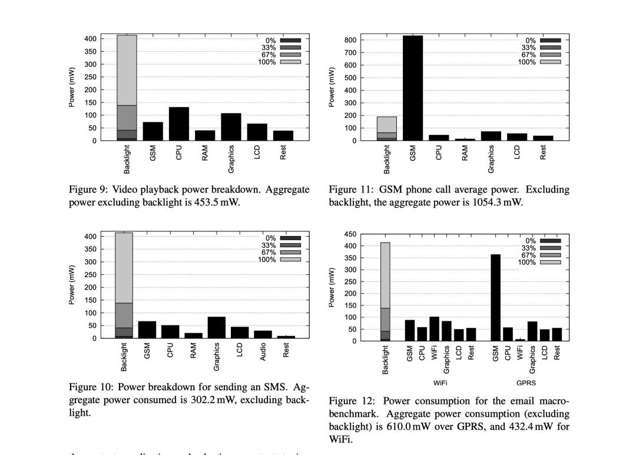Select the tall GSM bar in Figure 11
pyautogui.click(x=413, y=88)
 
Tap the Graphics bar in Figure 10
pyautogui.click(x=217, y=327)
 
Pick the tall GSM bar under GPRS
pyautogui.click(x=495, y=297)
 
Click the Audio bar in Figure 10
pyautogui.click(x=263, y=334)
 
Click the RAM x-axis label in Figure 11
pyautogui.click(x=465, y=153)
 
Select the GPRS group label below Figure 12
pyautogui.click(x=526, y=383)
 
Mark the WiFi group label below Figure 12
pyautogui.click(x=439, y=383)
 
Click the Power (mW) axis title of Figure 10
pyautogui.click(x=71, y=285)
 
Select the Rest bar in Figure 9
pyautogui.click(x=283, y=135)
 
